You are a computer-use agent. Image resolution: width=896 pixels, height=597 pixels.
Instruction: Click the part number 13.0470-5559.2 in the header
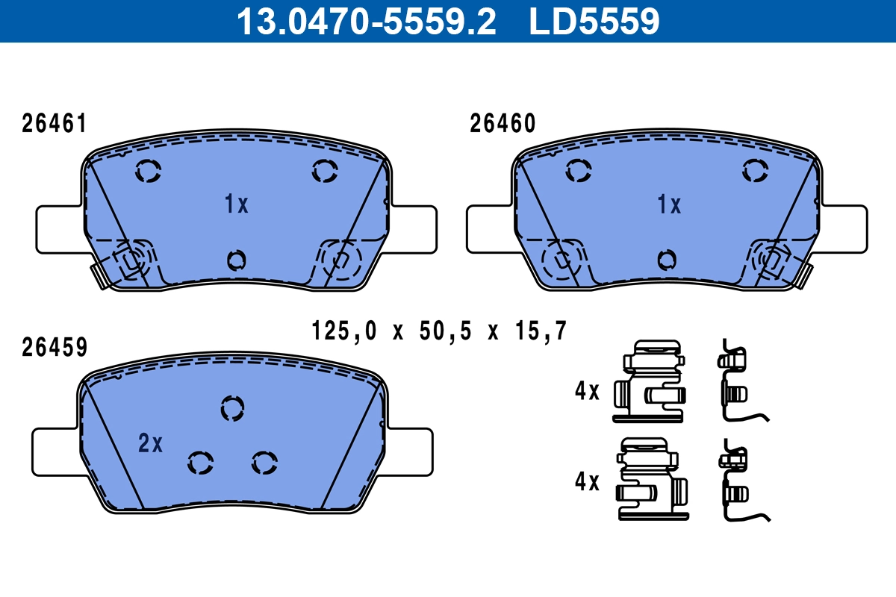tap(366, 21)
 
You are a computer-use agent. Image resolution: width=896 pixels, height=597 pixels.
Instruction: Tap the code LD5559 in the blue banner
tap(594, 21)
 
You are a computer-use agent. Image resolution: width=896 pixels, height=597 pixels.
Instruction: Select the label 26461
tap(54, 124)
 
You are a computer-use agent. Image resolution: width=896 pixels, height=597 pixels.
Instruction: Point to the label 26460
tap(503, 124)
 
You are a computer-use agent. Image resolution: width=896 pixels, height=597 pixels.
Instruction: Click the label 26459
tap(55, 347)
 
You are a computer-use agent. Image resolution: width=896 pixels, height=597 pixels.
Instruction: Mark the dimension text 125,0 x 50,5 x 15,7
tap(440, 330)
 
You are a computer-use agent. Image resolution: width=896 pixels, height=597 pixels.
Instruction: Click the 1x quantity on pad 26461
tap(237, 204)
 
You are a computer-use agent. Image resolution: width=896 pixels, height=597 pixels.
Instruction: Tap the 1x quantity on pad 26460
tap(669, 204)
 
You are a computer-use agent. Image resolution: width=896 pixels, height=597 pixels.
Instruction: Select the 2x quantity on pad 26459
tap(151, 444)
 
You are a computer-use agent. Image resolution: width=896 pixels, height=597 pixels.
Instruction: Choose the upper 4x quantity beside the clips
tap(588, 391)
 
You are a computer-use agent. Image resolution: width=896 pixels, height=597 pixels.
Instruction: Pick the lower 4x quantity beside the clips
tap(588, 483)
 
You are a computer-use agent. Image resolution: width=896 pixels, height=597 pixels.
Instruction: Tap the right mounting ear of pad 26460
tap(846, 229)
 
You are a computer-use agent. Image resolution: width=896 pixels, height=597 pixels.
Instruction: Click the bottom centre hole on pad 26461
tap(236, 260)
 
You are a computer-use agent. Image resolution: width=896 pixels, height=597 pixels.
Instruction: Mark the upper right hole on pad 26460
tap(756, 172)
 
